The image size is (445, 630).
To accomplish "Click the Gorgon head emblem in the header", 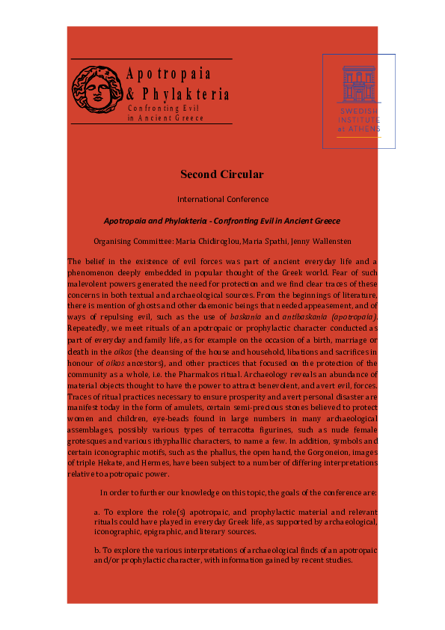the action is coord(96,90).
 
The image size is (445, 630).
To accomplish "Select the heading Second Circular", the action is coord(222,174).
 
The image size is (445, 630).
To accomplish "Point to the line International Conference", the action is coord(222,199).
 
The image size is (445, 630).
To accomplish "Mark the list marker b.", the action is coord(97,550).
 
